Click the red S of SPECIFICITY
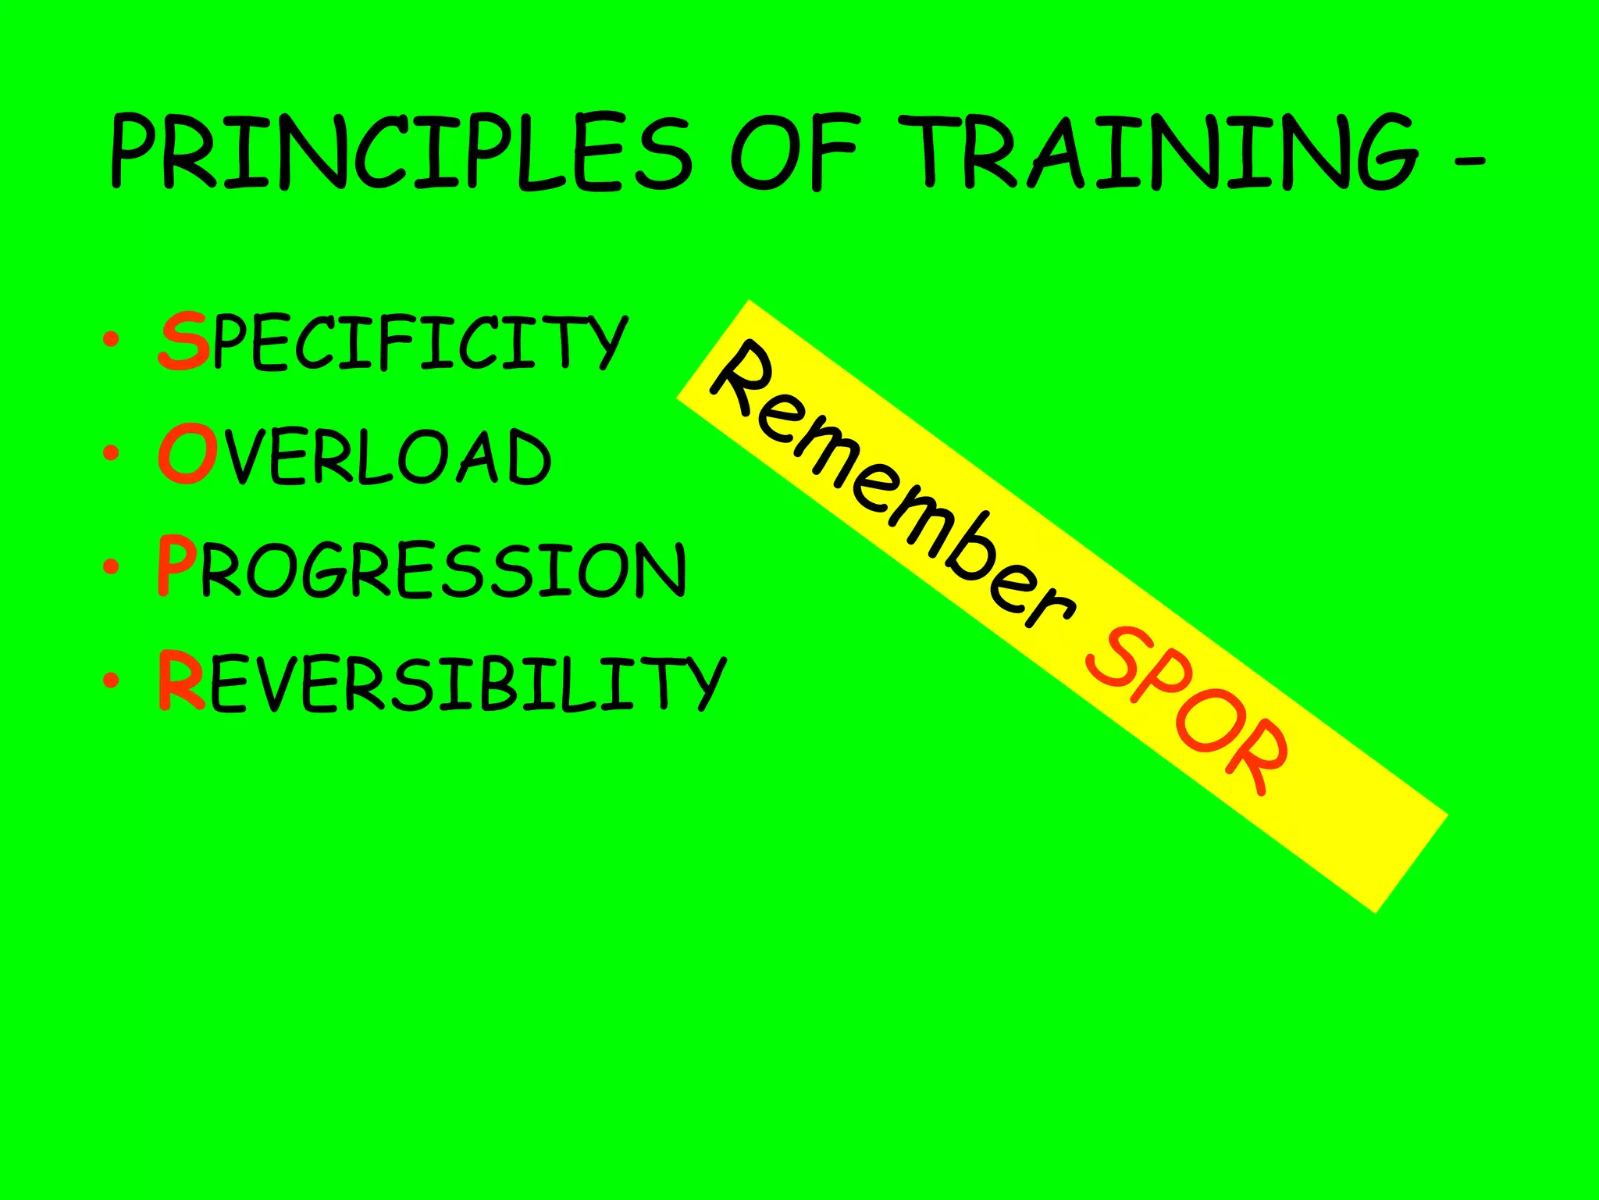pos(184,342)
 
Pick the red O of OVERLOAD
pos(186,455)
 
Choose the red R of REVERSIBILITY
pos(181,681)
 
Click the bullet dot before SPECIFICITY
pos(111,340)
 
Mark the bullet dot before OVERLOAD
pos(111,453)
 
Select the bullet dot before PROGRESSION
pos(111,566)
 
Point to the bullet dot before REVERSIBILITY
pos(111,680)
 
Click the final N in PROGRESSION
pos(659,570)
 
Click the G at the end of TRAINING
pos(1382,152)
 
